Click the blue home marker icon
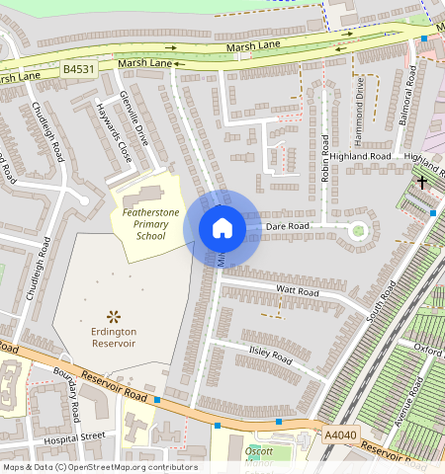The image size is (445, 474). [222, 228]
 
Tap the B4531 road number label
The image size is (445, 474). [79, 69]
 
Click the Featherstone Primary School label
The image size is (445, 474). [151, 223]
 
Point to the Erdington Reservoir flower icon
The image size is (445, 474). [114, 316]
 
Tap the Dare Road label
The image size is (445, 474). [288, 226]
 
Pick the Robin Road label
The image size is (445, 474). [324, 159]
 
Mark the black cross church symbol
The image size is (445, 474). [422, 182]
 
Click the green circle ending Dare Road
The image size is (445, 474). [358, 232]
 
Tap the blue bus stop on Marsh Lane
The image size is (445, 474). [423, 39]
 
